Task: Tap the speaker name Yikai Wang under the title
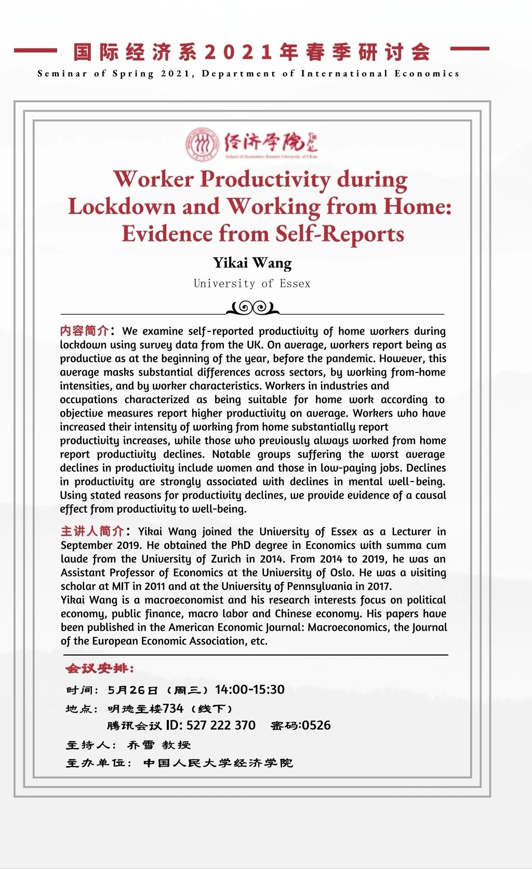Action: coord(252,263)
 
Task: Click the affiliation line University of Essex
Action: coord(252,284)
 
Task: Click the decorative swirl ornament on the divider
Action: coord(253,308)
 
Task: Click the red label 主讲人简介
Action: coord(92,531)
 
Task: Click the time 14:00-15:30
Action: coord(249,690)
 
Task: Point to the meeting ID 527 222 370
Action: coord(221,725)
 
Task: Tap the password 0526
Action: coord(316,725)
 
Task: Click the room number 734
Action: coord(173,708)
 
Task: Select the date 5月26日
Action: coord(132,690)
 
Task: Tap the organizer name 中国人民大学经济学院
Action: coord(218,763)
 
